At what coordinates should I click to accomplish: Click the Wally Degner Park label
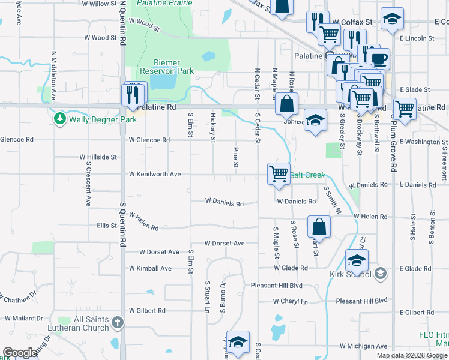tap(103, 119)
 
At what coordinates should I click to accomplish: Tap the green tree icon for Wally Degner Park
tap(59, 119)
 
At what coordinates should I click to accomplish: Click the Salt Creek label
tap(308, 175)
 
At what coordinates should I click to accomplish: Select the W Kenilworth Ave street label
tap(155, 175)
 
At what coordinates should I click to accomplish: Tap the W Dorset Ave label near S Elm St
tap(160, 252)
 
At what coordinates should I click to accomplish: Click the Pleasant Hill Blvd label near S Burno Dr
tap(276, 286)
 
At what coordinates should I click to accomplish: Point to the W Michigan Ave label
tap(364, 346)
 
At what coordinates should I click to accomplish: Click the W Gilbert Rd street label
tap(147, 311)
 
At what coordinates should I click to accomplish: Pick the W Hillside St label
tap(98, 157)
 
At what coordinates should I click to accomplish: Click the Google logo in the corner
tap(19, 353)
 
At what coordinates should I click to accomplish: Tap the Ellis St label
tap(106, 226)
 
